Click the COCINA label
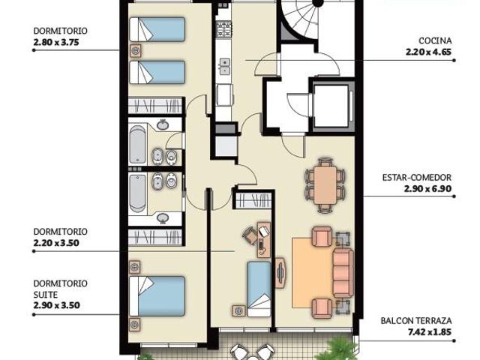[x=435, y=40]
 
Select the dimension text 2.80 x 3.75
[x=56, y=42]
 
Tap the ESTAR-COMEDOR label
[x=417, y=178]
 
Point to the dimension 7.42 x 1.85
[x=430, y=332]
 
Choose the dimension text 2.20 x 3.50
[x=56, y=243]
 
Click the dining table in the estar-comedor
[x=325, y=185]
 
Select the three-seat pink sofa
[x=343, y=273]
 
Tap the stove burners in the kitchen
[x=224, y=29]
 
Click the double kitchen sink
[x=225, y=67]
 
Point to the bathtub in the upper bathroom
[x=137, y=144]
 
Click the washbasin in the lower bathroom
[x=163, y=217]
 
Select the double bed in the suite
[x=157, y=296]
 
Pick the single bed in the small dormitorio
[x=259, y=289]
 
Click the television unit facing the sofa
[x=280, y=273]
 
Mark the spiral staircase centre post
[x=318, y=2]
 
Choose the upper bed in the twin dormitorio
[x=157, y=29]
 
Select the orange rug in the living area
[x=313, y=273]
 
